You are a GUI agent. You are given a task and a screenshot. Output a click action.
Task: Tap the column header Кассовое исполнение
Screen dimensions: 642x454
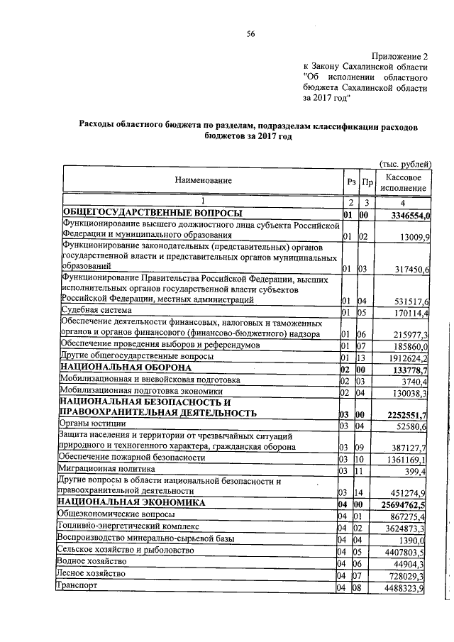coord(404,182)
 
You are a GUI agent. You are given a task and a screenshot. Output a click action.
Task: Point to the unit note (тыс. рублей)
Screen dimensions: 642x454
coord(406,163)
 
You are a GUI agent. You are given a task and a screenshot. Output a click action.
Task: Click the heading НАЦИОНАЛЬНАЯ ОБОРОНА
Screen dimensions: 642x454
coord(126,368)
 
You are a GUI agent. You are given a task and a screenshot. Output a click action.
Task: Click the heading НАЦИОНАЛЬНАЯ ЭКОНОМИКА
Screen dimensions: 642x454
coord(133,503)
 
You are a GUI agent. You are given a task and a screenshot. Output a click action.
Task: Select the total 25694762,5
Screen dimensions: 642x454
coord(409,503)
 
